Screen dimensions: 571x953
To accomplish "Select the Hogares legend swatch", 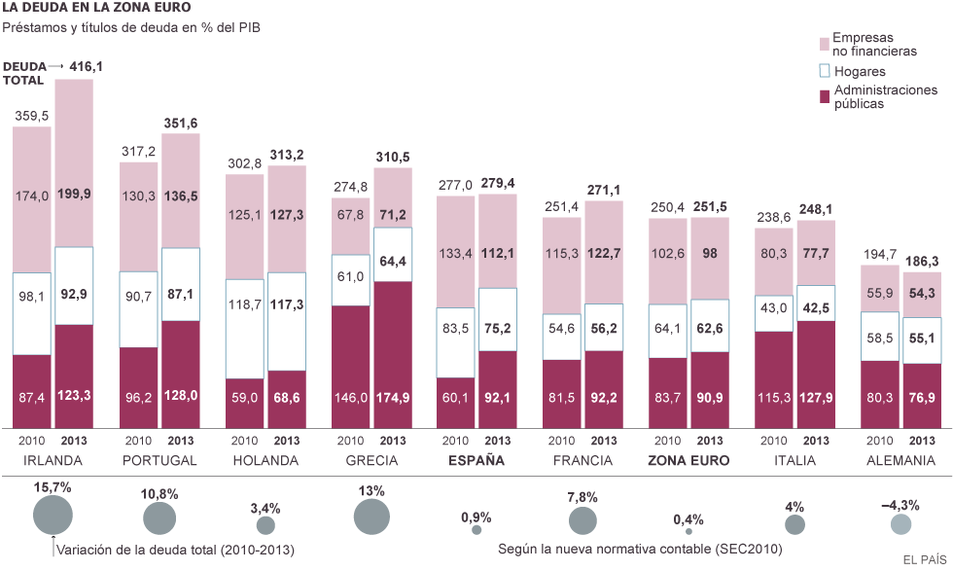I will click(827, 71).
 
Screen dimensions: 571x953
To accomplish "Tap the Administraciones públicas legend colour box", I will click(827, 96).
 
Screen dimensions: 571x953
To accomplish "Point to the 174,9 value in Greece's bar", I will click(391, 397).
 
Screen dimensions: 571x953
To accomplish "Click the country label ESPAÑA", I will click(476, 460).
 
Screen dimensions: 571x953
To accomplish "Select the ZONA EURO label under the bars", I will click(688, 460).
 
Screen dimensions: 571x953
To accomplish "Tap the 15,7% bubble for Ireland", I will click(53, 515).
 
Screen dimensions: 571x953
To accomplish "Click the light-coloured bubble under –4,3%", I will click(901, 525).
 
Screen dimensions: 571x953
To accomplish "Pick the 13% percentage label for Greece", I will click(371, 490).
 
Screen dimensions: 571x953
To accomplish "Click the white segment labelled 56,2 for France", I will click(604, 329).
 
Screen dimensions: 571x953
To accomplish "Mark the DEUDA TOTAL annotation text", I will click(24, 74).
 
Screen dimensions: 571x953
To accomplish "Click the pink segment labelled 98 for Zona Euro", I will click(710, 253).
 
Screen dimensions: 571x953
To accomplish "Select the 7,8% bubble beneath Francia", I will click(583, 521).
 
